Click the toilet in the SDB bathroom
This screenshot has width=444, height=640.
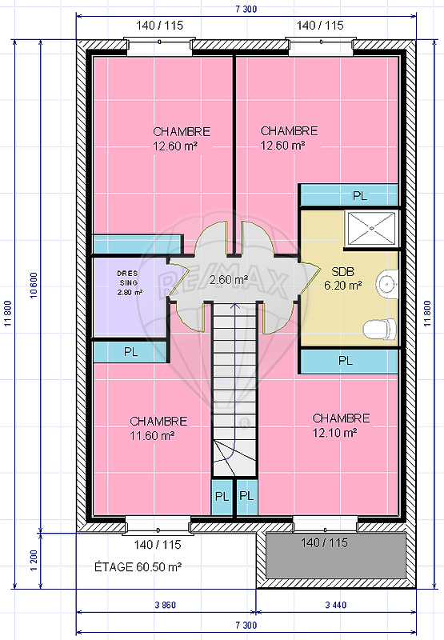tap(379, 330)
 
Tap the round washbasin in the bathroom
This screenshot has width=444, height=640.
tap(386, 283)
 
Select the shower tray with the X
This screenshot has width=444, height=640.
tap(371, 229)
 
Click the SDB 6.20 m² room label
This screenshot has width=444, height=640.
tap(342, 278)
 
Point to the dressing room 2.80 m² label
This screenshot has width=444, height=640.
tap(130, 282)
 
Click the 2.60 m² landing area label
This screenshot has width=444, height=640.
tap(229, 280)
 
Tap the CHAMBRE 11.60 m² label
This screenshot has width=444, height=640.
tap(158, 428)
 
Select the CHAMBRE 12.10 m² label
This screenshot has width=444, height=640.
tap(341, 426)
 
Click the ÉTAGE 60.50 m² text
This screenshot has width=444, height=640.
tap(138, 567)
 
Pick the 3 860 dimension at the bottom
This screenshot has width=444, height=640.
tap(166, 605)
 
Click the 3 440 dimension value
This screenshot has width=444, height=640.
tap(336, 605)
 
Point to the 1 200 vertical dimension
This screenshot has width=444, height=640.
tap(34, 560)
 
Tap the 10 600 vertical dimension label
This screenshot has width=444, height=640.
tap(34, 286)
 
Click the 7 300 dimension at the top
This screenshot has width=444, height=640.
tap(246, 9)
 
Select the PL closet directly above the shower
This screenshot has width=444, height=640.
tap(349, 195)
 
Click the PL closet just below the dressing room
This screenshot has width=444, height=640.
tap(130, 352)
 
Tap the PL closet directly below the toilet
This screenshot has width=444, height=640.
tap(349, 361)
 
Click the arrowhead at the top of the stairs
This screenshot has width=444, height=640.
tap(234, 305)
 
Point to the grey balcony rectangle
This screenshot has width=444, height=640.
tap(335, 555)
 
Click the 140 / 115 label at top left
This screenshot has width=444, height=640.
tap(159, 26)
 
